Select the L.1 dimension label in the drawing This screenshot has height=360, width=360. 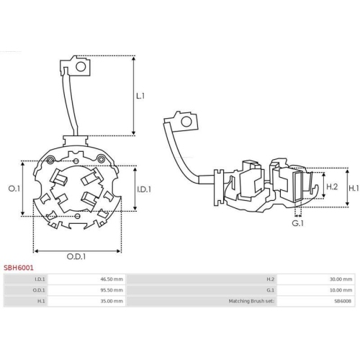point(140,95)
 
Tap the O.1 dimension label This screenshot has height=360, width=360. point(14,189)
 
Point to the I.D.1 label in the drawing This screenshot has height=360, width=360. point(143,189)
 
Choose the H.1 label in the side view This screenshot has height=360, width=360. point(353,187)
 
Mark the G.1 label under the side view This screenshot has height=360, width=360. point(297,222)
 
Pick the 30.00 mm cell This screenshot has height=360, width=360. point(341,279)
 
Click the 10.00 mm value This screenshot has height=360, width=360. point(341,289)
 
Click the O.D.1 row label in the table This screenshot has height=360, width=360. point(40,289)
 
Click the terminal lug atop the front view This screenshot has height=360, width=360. point(76,66)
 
